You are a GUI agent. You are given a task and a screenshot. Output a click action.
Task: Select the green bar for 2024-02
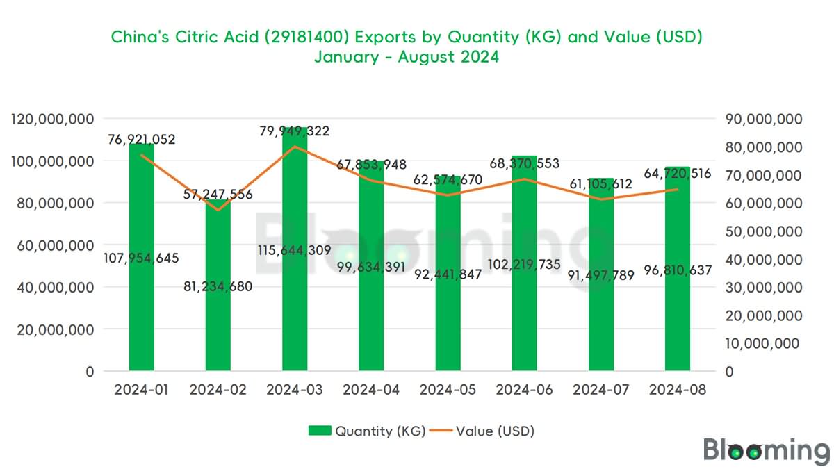click(218, 320)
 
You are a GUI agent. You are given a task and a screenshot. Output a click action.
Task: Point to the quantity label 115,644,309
click(294, 250)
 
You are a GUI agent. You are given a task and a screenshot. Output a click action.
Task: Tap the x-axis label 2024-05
click(448, 390)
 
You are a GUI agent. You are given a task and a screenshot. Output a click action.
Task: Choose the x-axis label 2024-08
click(677, 390)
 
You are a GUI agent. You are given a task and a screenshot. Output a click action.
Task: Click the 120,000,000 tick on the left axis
click(54, 119)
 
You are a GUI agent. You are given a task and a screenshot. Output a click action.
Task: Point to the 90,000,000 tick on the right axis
click(763, 119)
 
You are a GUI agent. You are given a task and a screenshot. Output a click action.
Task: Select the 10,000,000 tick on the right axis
click(763, 343)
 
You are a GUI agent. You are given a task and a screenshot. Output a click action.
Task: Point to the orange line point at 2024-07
click(600, 199)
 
